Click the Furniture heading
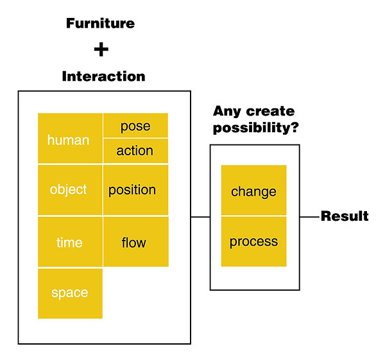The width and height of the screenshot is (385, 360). click(101, 24)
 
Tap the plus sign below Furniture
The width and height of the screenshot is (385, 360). click(101, 49)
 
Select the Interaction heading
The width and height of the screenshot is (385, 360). click(103, 76)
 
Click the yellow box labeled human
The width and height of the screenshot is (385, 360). click(70, 138)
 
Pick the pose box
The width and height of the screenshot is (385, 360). click(135, 125)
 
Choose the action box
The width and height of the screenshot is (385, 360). click(135, 151)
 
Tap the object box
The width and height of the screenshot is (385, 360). click(70, 190)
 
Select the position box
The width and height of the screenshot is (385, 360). click(136, 190)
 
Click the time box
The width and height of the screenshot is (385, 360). click(70, 242)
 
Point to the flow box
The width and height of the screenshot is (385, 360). click(136, 242)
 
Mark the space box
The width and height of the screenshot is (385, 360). click(70, 293)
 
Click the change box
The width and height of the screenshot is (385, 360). click(253, 190)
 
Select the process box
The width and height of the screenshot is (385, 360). click(253, 241)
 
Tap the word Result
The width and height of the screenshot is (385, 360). click(345, 216)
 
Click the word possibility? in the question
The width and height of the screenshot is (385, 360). click(256, 128)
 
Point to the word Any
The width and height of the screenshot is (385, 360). click(227, 112)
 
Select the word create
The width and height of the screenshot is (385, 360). click(270, 112)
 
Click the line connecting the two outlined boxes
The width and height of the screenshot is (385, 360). click(200, 217)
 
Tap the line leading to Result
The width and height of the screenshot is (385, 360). click(310, 217)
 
